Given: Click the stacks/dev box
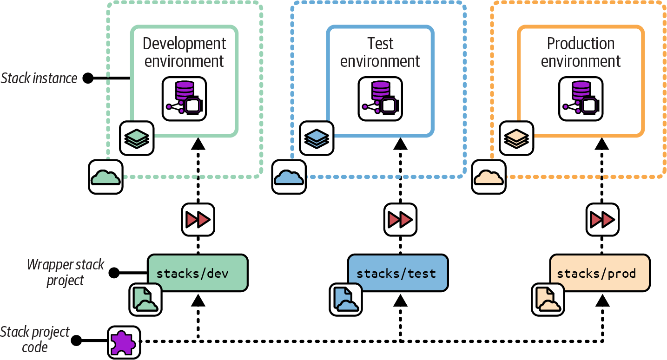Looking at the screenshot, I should tap(198, 273).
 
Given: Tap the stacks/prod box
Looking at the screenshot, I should tap(599, 273).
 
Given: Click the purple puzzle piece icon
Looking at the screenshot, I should tap(124, 342).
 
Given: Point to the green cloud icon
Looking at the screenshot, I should tap(106, 177).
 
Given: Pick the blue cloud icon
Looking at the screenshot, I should tap(289, 177).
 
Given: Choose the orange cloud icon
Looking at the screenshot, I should tap(489, 177).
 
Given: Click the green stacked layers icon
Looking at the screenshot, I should tap(137, 138).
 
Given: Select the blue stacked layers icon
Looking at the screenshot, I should tap(317, 138).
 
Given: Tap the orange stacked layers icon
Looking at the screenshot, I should tap(517, 138).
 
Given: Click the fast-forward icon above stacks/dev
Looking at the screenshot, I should tap(198, 219).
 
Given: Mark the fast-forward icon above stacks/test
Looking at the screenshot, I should tap(400, 219).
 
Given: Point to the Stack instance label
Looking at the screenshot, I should tap(39, 79).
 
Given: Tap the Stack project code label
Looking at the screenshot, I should tap(35, 340).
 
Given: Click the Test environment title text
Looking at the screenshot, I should tap(380, 52).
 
